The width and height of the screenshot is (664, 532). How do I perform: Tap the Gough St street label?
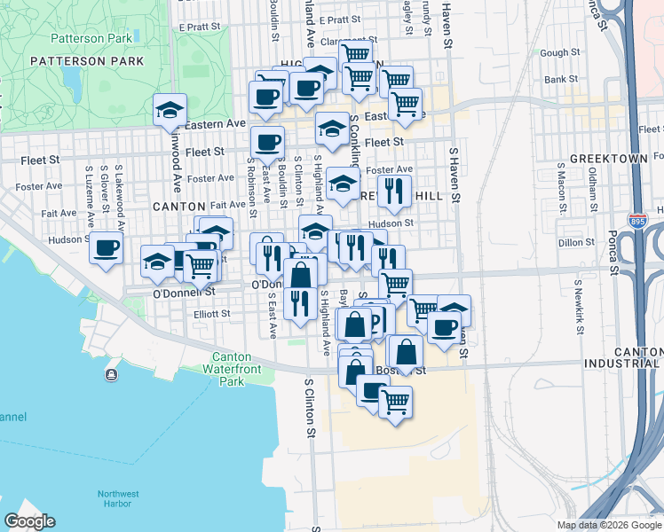click(x=559, y=53)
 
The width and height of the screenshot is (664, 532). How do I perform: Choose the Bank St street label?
click(x=561, y=79)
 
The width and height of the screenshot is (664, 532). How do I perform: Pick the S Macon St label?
click(x=561, y=187)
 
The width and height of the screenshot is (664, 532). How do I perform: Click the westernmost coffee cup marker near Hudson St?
click(x=106, y=247)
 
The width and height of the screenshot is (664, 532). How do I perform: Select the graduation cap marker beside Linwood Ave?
click(x=170, y=110)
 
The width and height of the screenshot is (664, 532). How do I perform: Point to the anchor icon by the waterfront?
click(x=111, y=375)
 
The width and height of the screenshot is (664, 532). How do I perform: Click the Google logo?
click(x=30, y=521)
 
